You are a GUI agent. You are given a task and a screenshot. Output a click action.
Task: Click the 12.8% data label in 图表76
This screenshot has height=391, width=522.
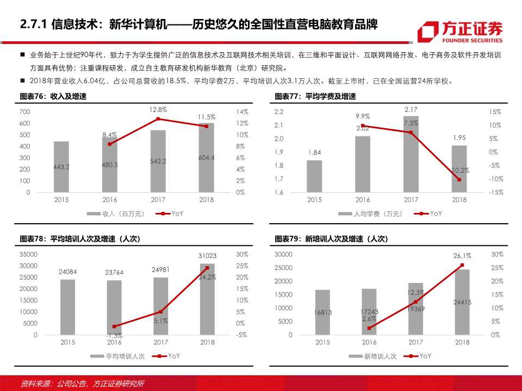tap(158, 110)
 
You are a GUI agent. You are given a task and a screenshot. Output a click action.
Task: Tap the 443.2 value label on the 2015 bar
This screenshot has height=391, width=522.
tap(61, 167)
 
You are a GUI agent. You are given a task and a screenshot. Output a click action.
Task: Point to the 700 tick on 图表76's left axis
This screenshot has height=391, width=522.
tap(24, 111)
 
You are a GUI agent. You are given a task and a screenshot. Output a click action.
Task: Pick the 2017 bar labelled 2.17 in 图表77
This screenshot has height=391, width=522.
tap(411, 154)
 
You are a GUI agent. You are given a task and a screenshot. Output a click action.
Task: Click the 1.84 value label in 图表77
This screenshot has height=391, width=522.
tap(314, 153)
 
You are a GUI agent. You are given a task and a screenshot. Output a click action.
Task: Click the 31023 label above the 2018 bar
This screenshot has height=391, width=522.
tap(207, 256)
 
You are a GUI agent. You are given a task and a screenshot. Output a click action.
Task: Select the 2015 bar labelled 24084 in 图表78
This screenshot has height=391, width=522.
tap(68, 307)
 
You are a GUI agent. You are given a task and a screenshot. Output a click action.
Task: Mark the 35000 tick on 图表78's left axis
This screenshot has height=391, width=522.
tap(28, 254)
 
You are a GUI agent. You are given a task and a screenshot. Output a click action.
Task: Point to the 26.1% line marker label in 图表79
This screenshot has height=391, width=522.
tap(462, 256)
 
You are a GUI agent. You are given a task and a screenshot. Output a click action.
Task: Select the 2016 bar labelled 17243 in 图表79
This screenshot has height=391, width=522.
tap(369, 312)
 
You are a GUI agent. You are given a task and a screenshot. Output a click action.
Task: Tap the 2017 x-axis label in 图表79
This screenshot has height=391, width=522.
tap(415, 343)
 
